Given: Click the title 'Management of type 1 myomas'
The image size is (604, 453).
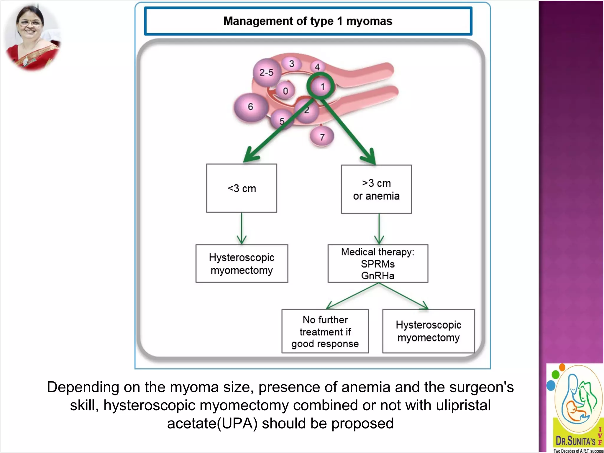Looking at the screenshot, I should click(308, 21).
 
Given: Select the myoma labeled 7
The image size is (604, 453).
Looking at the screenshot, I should click(322, 137).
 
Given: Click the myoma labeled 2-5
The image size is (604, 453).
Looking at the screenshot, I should click(266, 72).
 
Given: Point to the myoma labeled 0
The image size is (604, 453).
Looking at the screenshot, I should click(285, 91).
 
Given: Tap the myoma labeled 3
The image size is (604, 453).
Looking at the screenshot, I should click(291, 64).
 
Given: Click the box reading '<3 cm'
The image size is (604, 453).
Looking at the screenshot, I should click(242, 188).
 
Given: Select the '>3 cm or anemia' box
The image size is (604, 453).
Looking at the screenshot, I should click(376, 189).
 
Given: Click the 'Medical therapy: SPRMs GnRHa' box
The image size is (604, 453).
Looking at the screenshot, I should click(377, 263).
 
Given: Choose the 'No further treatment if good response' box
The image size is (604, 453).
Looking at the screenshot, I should click(325, 331).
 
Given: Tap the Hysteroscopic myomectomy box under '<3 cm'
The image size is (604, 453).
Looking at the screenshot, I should click(242, 263).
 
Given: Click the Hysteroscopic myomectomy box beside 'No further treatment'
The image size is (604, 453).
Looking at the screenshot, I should click(428, 331).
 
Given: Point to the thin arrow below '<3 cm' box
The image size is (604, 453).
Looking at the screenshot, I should click(242, 228).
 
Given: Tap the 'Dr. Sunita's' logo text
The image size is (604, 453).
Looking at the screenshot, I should click(575, 441).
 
